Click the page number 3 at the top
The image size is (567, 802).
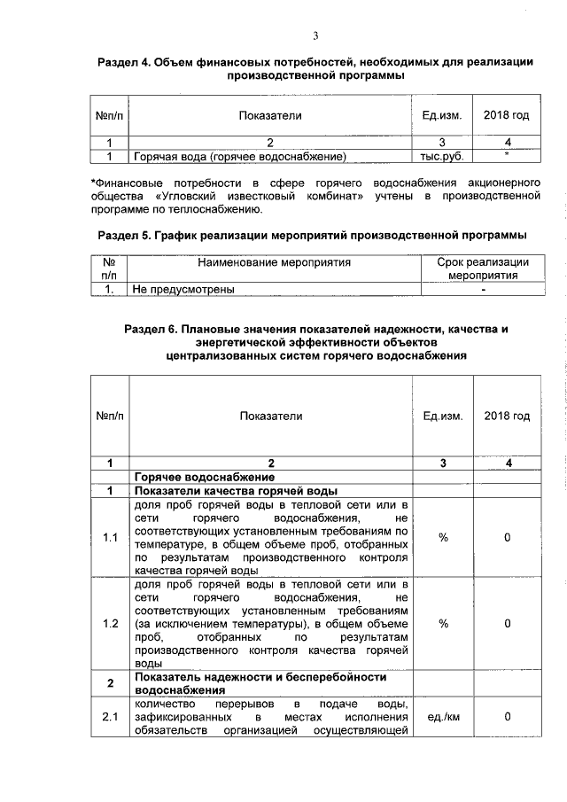(315, 36)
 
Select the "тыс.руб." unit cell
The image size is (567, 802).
(442, 157)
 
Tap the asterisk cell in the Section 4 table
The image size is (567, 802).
(507, 157)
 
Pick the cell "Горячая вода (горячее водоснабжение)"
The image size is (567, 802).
(238, 157)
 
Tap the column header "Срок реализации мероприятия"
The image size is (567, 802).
(483, 269)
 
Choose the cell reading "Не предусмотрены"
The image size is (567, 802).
(183, 289)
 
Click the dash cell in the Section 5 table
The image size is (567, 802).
(483, 289)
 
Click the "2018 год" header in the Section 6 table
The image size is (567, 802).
(507, 416)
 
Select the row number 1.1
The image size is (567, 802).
(110, 538)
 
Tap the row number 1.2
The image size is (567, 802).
(110, 623)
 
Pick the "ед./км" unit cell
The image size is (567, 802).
(442, 717)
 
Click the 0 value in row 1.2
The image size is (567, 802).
(507, 623)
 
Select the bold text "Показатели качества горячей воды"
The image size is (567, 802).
(234, 491)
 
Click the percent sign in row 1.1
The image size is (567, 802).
(442, 538)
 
